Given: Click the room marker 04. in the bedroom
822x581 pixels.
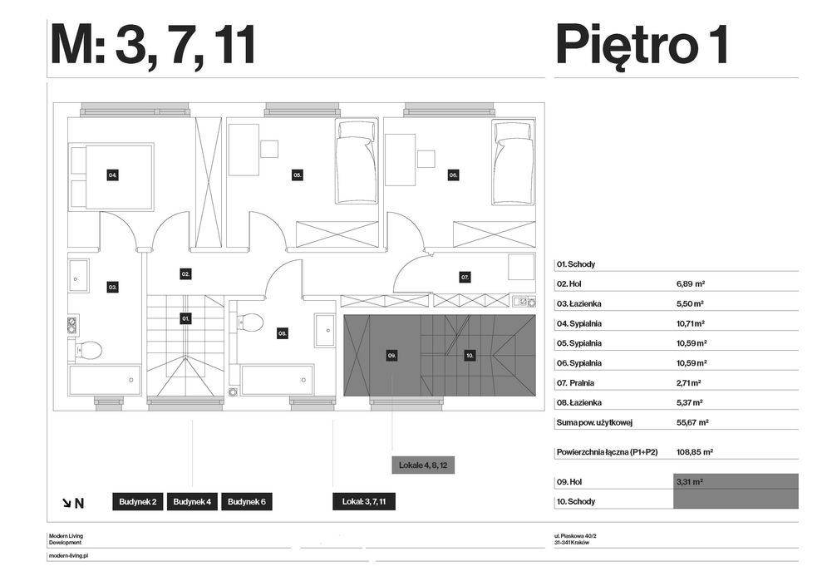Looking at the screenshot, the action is pos(112,175).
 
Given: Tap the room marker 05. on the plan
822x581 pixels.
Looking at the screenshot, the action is pos(298,175).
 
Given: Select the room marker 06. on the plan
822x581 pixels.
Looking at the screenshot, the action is pos(454,175).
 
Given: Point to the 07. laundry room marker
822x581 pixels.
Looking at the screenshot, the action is pos(465,276).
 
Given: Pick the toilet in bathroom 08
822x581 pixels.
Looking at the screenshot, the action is pos(249,323).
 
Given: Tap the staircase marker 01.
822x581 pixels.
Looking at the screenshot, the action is pos(185,318).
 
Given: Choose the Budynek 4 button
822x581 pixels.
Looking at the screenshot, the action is pos(192,502).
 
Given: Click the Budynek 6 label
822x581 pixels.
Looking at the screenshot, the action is pos(246,502).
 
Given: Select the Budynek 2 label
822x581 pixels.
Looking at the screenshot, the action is pos(137,502).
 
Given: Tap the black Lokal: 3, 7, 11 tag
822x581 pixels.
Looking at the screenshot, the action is pos(364,502).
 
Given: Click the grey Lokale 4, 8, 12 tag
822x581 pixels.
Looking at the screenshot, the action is pos(423,465).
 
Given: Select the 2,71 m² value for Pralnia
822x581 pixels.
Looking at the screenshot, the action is pos(689,383).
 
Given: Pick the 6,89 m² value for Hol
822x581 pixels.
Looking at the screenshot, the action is pos(691,283).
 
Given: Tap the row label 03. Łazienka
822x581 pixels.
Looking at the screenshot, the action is pos(578,303).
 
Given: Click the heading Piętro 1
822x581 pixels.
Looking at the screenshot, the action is pos(642,45).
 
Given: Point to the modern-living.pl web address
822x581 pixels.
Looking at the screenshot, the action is pos(68,554).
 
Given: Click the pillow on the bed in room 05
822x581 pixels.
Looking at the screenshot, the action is pos(357,130).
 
